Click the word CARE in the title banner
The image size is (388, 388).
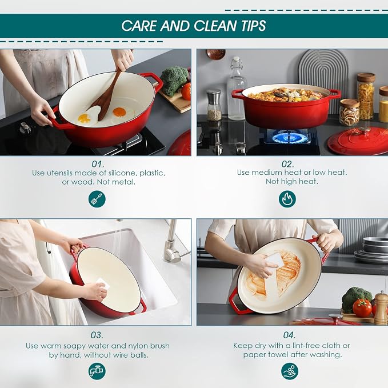coord(139,26)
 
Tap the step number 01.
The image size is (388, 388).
coord(98,164)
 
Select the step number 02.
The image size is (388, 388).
coord(287,164)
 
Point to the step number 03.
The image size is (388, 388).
coord(97,335)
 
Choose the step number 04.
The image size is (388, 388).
coord(289,335)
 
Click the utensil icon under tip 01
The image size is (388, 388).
coord(97,199)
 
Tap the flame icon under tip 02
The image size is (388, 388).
coord(287,199)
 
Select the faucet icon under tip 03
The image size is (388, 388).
coord(97,371)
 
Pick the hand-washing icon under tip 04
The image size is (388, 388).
coord(290,371)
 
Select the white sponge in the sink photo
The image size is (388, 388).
coord(103,283)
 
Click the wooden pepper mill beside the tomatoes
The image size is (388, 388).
coord(381,308)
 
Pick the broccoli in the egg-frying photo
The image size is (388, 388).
coord(175,81)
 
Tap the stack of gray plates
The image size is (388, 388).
coord(371,250)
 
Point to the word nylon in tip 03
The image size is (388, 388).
coord(135,346)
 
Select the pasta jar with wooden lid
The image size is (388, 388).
coord(365,97)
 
